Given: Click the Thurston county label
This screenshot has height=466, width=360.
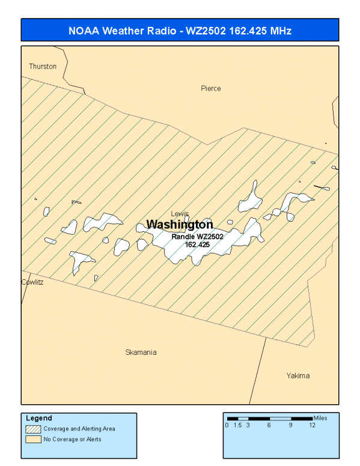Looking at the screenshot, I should (x=43, y=67).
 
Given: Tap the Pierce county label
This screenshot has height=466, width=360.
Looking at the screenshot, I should (x=211, y=88).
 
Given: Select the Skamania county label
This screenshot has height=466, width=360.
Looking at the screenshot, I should (x=141, y=353).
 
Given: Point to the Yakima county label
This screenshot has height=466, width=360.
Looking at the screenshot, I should (x=298, y=376).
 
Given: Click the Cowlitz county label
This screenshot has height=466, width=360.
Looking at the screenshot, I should (x=32, y=282).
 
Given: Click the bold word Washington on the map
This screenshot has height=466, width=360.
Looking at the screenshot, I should (x=180, y=225).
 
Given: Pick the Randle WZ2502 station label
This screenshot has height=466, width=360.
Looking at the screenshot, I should (x=198, y=237).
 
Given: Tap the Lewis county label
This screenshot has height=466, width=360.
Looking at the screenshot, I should (x=180, y=214).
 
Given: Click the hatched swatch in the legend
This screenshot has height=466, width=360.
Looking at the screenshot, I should (x=33, y=429).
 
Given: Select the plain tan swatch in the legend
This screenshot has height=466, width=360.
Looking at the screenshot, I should (x=33, y=439).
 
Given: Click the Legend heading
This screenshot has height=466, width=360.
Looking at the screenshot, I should (x=38, y=418).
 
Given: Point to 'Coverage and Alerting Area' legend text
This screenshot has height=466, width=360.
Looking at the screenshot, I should (x=79, y=429).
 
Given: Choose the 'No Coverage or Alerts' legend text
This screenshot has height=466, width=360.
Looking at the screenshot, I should (x=72, y=439).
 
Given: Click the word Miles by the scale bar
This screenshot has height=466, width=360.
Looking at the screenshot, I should (x=320, y=418).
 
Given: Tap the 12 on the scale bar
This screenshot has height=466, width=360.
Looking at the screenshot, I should (x=312, y=425).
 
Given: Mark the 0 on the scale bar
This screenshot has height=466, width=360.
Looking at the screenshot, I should (x=227, y=425).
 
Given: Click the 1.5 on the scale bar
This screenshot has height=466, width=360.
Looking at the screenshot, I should (x=237, y=425).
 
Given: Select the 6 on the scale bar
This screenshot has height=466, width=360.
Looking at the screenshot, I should (x=269, y=425).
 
